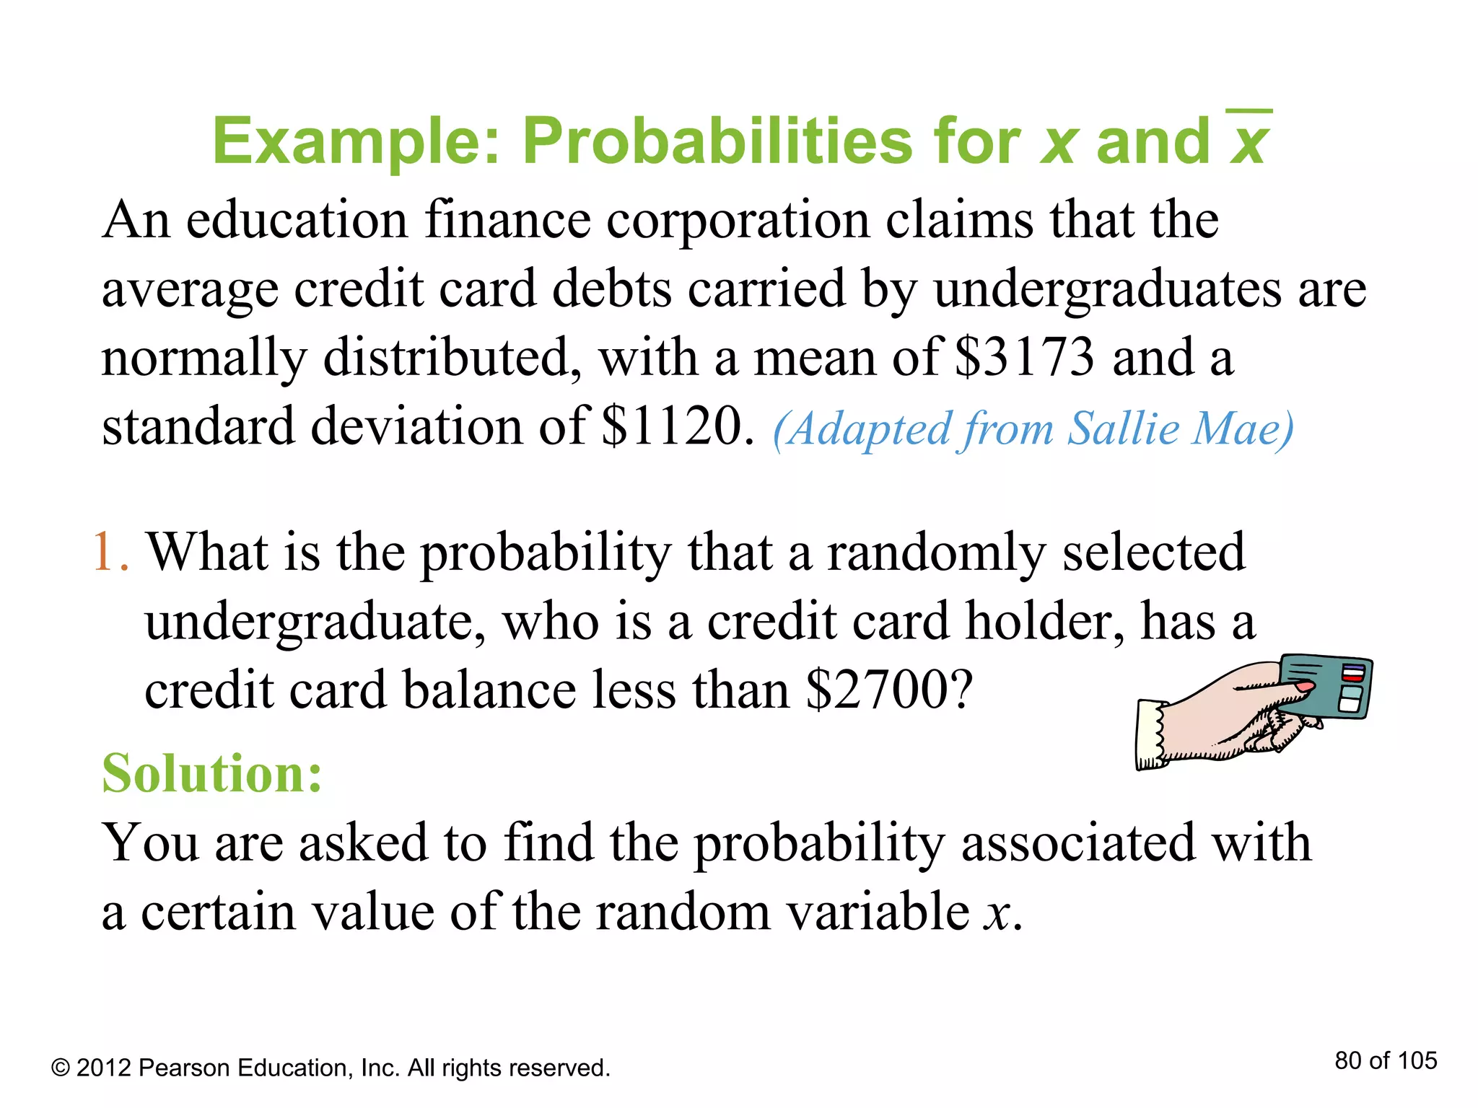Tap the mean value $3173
click(x=1024, y=357)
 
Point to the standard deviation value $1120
click(x=672, y=426)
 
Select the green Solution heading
click(x=211, y=773)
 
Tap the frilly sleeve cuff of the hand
click(x=1153, y=734)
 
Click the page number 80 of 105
click(x=1386, y=1060)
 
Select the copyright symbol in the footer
click(x=61, y=1068)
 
